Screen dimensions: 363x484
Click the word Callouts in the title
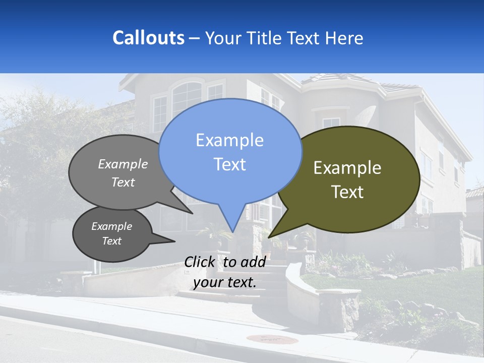click(x=148, y=38)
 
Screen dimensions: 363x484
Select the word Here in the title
click(x=345, y=38)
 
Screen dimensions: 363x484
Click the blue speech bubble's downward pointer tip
click(x=232, y=231)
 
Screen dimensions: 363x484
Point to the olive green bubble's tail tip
click(x=269, y=237)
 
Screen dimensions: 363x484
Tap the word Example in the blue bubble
click(x=229, y=140)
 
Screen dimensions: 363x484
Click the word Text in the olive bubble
click(x=347, y=192)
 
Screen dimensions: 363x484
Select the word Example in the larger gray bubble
click(x=123, y=164)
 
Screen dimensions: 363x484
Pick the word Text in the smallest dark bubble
click(x=111, y=241)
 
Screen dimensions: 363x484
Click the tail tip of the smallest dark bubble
click(x=174, y=241)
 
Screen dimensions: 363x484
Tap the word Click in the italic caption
click(x=201, y=262)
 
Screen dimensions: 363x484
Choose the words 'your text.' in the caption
click(x=225, y=282)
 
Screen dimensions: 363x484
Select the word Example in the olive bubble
click(x=347, y=168)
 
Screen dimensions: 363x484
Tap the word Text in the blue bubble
click(x=229, y=164)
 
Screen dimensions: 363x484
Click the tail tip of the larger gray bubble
click(x=193, y=213)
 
